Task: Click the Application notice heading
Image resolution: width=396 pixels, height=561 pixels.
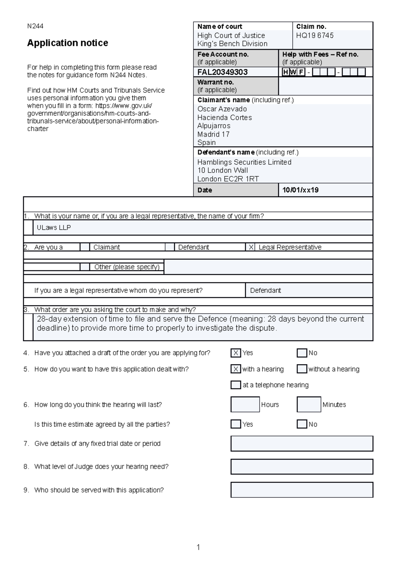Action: (67, 43)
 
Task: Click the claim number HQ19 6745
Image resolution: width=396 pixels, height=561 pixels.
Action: (314, 35)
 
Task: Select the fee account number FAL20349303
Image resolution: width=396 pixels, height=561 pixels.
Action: (222, 72)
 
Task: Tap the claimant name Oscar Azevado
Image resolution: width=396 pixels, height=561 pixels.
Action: (222, 109)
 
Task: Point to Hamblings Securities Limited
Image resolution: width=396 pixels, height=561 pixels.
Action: (244, 162)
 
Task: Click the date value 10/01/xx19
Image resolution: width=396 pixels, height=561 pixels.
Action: (300, 190)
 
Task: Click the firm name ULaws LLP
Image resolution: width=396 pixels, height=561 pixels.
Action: (54, 228)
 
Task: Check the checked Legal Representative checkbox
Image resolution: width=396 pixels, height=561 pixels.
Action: (251, 247)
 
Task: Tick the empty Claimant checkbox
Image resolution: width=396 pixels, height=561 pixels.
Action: (85, 247)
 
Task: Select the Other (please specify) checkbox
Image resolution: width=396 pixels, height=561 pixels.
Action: (85, 267)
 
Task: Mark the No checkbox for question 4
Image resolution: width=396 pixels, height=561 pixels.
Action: (302, 353)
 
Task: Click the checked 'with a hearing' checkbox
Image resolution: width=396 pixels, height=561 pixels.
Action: (236, 369)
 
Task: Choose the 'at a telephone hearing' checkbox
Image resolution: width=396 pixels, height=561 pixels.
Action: (236, 385)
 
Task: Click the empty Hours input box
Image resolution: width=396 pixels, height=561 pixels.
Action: (245, 404)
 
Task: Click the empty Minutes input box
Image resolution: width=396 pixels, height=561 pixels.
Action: (309, 404)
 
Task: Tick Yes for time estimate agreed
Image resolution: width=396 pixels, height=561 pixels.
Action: (236, 424)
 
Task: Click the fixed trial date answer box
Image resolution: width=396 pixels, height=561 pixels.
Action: (302, 444)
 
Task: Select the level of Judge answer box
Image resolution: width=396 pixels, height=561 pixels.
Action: (302, 467)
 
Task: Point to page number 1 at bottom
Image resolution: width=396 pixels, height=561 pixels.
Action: (198, 547)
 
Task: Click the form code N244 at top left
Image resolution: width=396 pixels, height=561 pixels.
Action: (35, 26)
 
